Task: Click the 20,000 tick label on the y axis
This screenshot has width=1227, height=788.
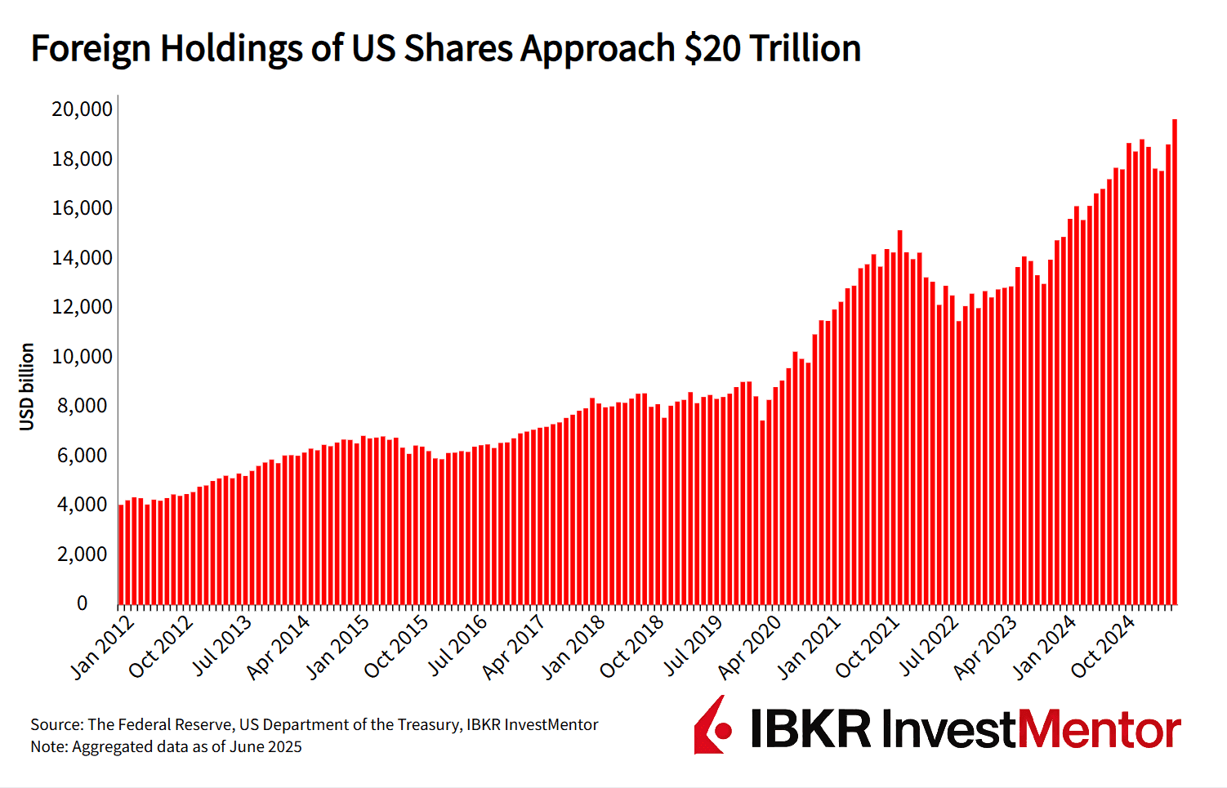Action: click(82, 109)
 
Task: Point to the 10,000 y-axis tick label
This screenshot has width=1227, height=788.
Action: click(82, 357)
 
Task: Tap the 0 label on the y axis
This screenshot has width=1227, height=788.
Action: click(82, 603)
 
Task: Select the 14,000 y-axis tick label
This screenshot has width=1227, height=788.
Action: click(82, 258)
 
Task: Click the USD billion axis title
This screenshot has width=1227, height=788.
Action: click(27, 386)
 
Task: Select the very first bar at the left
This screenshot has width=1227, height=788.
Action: click(121, 555)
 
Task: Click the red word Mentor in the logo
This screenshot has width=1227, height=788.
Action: click(1100, 729)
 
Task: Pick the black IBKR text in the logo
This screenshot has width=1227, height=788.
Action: click(810, 729)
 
